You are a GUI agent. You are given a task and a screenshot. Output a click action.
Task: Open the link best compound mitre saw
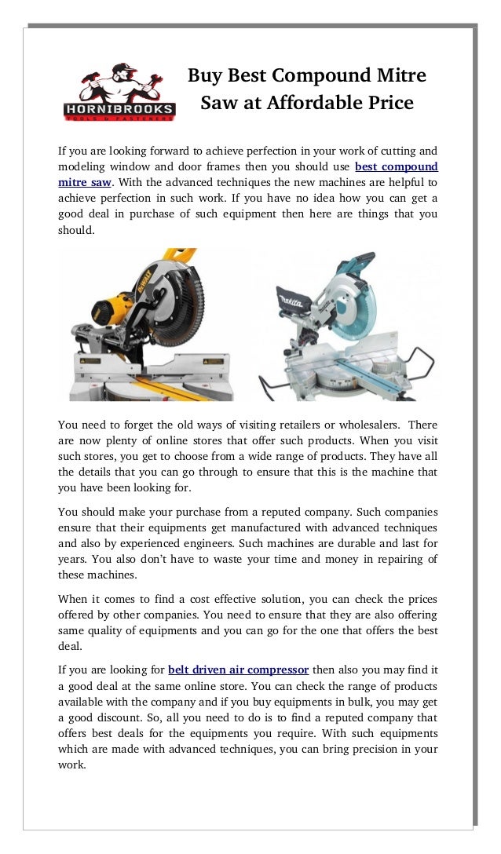396,166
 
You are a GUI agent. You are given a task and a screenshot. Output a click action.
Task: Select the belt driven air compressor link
238,670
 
